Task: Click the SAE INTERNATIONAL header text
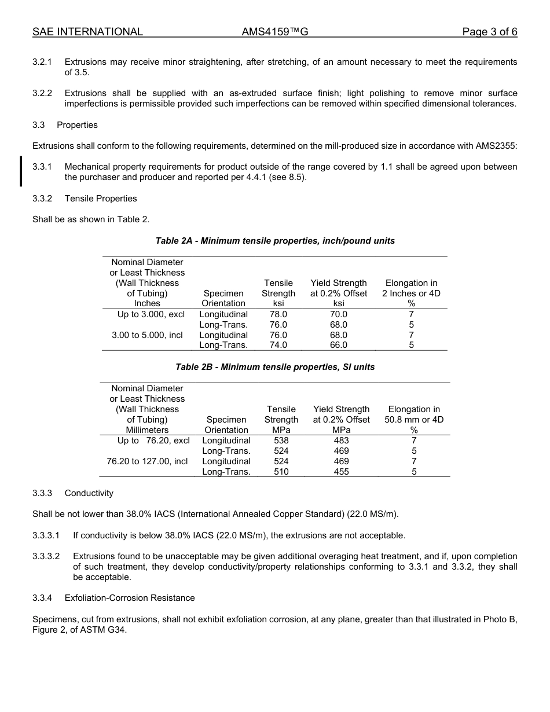click(87, 32)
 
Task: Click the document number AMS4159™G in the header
click(274, 32)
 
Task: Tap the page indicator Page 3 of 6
click(489, 32)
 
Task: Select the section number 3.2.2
click(42, 93)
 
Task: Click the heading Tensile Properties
click(101, 199)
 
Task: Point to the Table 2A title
click(275, 241)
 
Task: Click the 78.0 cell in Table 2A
click(278, 314)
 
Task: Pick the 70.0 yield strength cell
click(339, 314)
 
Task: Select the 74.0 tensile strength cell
click(278, 345)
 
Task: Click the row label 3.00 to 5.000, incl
click(147, 335)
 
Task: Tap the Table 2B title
click(275, 367)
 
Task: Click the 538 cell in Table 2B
click(281, 441)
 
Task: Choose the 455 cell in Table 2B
click(341, 472)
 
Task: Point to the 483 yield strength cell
click(341, 441)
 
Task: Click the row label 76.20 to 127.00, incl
click(147, 461)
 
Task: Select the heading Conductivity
click(89, 493)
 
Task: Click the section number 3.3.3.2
click(46, 556)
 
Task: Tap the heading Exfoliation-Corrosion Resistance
click(130, 598)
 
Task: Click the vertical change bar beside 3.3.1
click(21, 171)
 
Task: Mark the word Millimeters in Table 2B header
click(147, 430)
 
